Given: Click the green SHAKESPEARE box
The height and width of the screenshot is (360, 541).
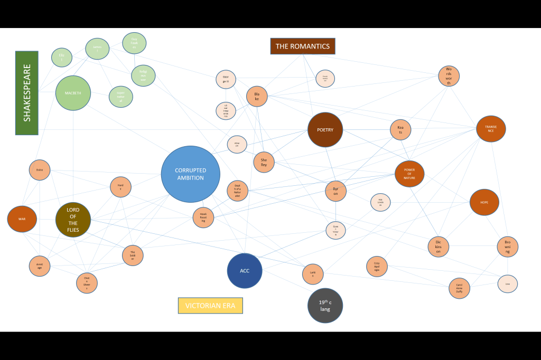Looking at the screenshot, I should point(27,93).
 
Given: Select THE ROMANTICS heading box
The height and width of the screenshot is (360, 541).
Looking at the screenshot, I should point(303,46).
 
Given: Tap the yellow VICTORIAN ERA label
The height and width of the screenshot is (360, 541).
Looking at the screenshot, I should point(210,306).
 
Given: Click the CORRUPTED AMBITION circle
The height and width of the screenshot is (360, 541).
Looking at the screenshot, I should point(190,174).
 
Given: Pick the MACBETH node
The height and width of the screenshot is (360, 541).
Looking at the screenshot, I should point(73,93).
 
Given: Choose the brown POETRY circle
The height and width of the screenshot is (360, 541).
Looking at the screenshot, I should point(325,130).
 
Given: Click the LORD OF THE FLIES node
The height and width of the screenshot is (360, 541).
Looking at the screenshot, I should point(73,219).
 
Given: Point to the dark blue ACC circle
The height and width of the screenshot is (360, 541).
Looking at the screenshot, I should point(245,271).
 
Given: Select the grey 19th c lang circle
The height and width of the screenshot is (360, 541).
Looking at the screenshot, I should point(325,306).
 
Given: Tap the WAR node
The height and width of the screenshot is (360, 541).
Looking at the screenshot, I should point(22,219).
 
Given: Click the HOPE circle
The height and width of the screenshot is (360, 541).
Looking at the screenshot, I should point(484,202).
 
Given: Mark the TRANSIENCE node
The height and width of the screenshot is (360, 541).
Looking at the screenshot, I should point(491,129).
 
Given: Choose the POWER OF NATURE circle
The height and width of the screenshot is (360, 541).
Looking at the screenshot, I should point(409,174).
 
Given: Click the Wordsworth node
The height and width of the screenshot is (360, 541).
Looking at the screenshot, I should point(449,76).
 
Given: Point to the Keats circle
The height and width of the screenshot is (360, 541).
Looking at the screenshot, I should point(400,130).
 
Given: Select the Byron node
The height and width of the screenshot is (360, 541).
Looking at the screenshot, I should point(335,191).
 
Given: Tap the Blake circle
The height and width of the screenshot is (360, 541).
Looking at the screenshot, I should point(257,96).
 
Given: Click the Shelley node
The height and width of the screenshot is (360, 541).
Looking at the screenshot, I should point(264,163).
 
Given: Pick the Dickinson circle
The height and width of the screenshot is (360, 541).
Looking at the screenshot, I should point(438,247).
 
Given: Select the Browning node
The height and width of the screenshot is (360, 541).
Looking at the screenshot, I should point(507,247).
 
